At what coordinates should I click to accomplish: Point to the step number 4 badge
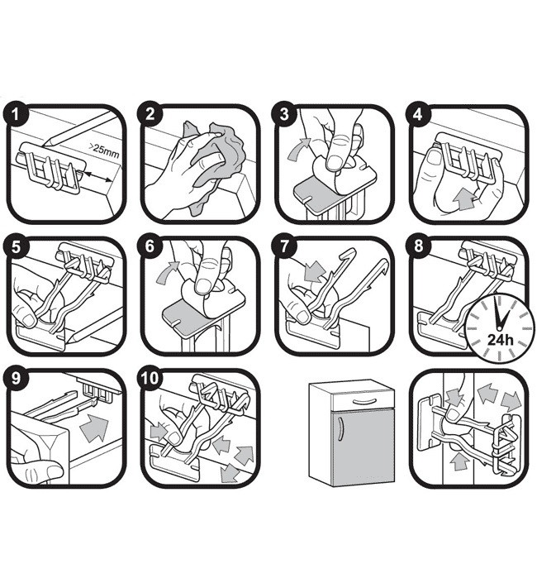click(421, 115)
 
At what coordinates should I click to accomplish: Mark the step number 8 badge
click(421, 247)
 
